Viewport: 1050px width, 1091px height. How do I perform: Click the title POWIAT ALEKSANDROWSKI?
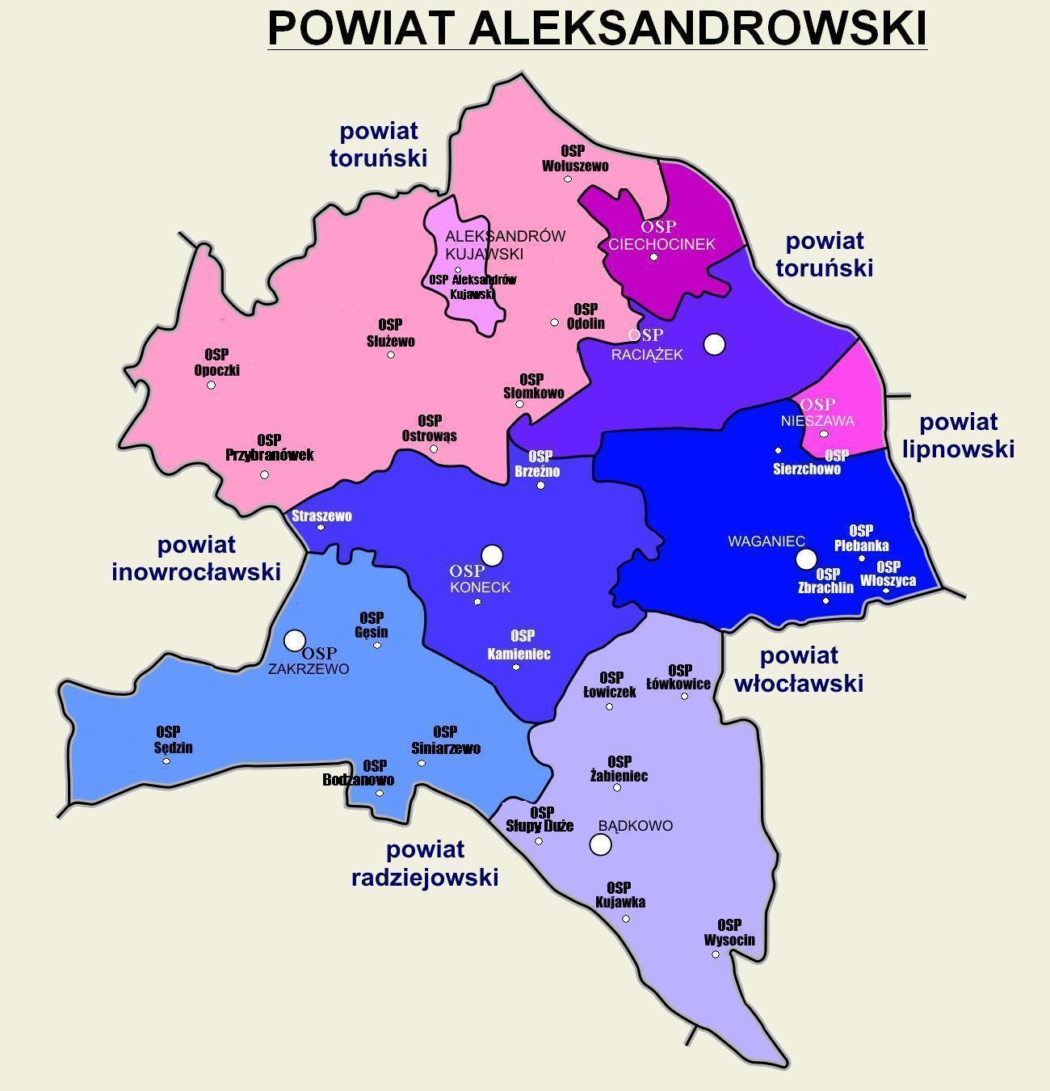[x=597, y=28]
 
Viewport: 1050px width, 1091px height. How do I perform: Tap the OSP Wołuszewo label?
[x=574, y=158]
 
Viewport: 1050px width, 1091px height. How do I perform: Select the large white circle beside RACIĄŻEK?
[x=714, y=344]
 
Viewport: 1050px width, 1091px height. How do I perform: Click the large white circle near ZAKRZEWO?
[x=295, y=640]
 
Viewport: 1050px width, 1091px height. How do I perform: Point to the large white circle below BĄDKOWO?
[x=600, y=845]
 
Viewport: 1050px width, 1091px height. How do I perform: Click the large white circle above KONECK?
[x=492, y=555]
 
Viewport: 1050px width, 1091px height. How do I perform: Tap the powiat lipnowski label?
[x=958, y=435]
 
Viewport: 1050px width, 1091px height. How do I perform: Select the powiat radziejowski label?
[x=425, y=863]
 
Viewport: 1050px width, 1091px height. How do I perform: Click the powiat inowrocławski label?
[x=196, y=558]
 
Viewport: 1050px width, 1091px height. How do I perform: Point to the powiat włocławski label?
[x=799, y=669]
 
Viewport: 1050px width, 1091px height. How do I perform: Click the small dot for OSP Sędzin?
[x=166, y=761]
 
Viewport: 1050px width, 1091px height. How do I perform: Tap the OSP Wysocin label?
[x=729, y=933]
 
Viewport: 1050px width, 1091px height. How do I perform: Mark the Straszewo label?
[x=321, y=516]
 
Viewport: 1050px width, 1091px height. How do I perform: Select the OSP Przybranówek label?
[x=269, y=447]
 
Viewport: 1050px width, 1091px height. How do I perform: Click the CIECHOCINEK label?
[x=661, y=244]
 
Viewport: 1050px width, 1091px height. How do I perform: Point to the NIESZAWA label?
[x=817, y=420]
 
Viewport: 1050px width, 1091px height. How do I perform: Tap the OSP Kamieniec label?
[x=519, y=645]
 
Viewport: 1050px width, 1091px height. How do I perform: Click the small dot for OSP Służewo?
[x=391, y=355]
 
